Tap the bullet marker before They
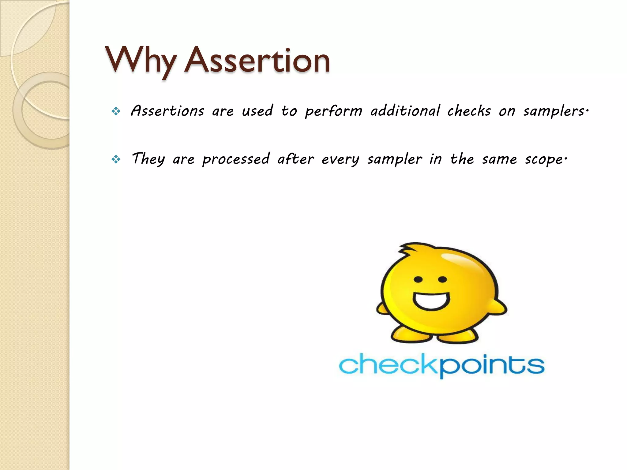(116, 159)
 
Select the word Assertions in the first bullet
(167, 111)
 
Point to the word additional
(405, 111)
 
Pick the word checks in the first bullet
(469, 111)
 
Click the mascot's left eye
(418, 279)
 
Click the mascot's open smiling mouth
(431, 301)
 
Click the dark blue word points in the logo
(492, 365)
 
